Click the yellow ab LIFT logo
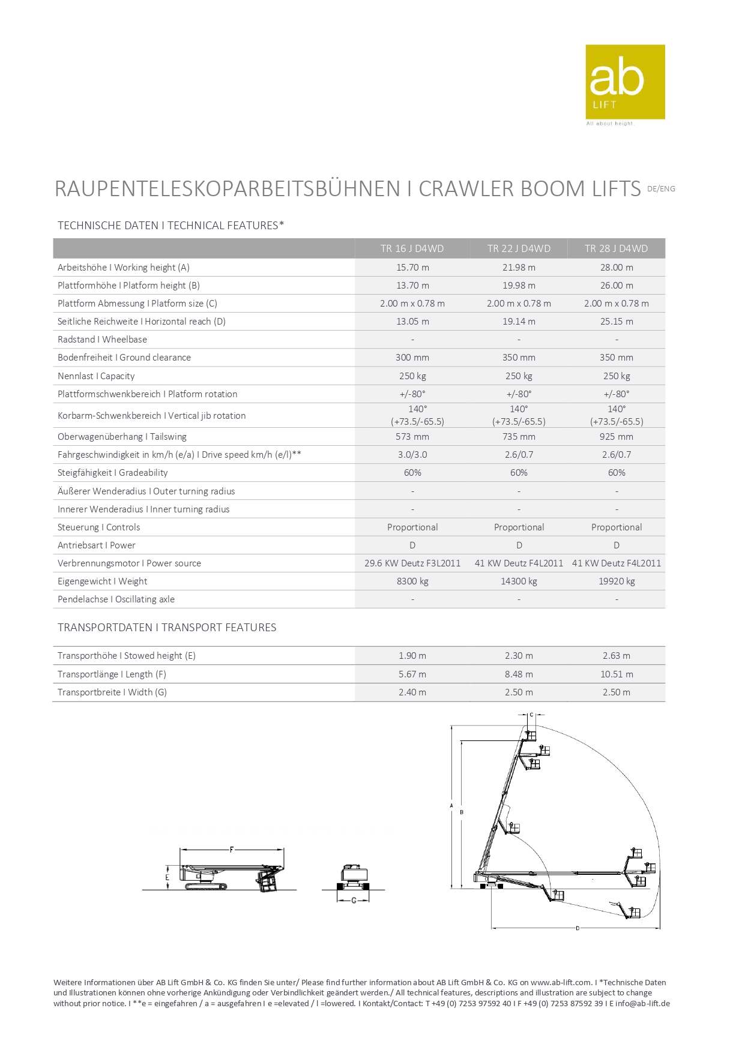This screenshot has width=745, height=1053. pyautogui.click(x=625, y=82)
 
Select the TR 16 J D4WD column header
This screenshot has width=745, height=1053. pyautogui.click(x=412, y=248)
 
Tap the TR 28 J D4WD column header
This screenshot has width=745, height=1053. pyautogui.click(x=616, y=248)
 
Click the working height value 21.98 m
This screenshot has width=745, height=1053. pyautogui.click(x=519, y=268)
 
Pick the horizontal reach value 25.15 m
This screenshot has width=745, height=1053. pyautogui.click(x=617, y=322)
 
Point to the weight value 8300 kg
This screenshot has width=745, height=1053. pyautogui.click(x=412, y=581)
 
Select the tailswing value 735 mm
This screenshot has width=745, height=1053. pyautogui.click(x=519, y=437)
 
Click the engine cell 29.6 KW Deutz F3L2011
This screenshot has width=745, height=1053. pyautogui.click(x=412, y=563)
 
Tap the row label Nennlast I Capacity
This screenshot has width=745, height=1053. pyautogui.click(x=96, y=376)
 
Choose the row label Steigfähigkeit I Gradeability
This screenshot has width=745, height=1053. pyautogui.click(x=113, y=473)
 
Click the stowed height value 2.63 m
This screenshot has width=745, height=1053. pyautogui.click(x=617, y=656)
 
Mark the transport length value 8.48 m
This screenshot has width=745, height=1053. pyautogui.click(x=519, y=674)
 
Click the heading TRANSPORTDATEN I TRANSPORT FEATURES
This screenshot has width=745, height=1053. pyautogui.click(x=167, y=628)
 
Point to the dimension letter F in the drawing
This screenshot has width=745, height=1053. pyautogui.click(x=232, y=850)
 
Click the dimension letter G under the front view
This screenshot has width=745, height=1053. pyautogui.click(x=354, y=901)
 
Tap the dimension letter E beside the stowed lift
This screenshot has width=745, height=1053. pyautogui.click(x=167, y=877)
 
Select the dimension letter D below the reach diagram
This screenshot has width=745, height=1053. pyautogui.click(x=578, y=928)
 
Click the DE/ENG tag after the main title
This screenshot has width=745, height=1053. pyautogui.click(x=661, y=189)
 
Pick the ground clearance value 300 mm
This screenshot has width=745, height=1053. pyautogui.click(x=412, y=358)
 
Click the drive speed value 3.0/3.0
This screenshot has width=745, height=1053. pyautogui.click(x=412, y=455)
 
